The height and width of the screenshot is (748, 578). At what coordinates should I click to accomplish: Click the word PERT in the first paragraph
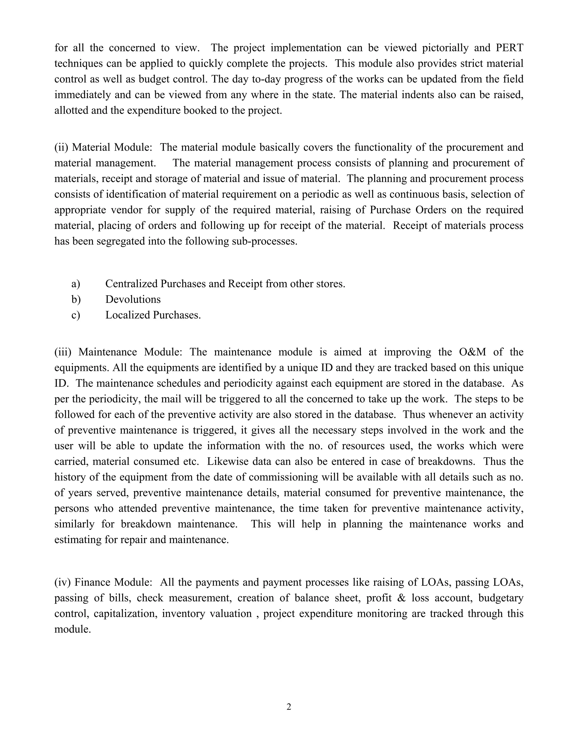point(509,48)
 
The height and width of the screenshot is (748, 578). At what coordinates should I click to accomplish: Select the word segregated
point(119,241)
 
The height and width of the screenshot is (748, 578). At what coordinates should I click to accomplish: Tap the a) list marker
point(76,284)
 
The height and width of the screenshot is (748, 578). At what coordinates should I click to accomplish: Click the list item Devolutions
point(133,299)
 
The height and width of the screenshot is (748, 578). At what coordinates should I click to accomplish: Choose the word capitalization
point(125,613)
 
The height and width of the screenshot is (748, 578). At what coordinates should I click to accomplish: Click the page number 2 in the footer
point(289,707)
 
